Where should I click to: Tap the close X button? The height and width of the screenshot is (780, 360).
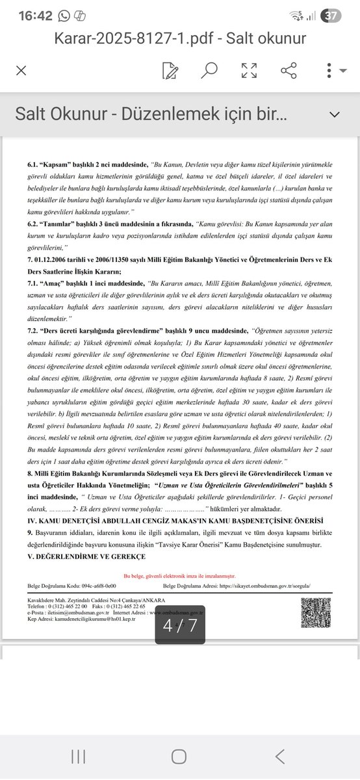21,70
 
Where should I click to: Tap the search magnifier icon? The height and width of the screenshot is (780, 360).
210,70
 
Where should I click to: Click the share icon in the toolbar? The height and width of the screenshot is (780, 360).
289,70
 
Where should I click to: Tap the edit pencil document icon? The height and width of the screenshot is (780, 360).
171,70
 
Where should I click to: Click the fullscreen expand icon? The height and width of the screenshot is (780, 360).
249,70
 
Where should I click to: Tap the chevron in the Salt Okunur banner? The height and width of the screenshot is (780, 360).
335,115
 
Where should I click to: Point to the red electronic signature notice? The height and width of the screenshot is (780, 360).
179,576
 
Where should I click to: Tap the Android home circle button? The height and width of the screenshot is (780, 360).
179,756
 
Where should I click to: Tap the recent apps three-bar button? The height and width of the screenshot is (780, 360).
79,756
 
